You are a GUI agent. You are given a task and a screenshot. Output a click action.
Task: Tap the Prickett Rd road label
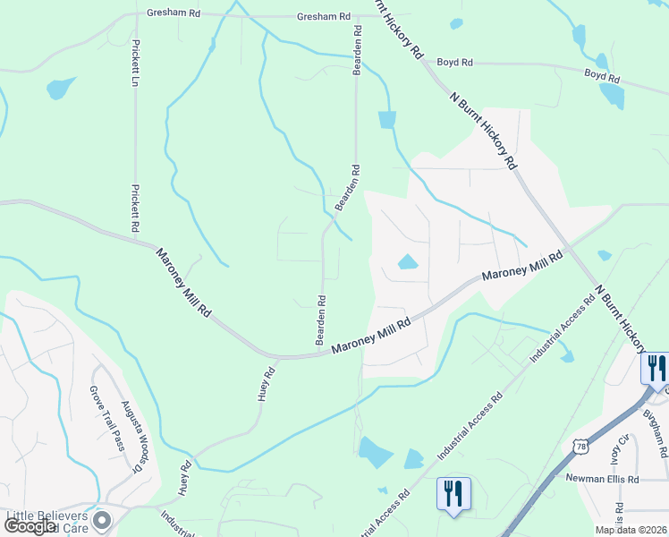136,209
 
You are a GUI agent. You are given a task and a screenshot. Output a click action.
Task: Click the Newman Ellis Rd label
603,479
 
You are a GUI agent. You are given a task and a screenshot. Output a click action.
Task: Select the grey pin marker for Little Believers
104,519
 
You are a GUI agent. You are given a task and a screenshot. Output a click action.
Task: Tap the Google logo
29,526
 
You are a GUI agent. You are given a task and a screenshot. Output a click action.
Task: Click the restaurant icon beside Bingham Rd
655,367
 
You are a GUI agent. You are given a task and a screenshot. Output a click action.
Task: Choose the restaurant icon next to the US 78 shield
453,492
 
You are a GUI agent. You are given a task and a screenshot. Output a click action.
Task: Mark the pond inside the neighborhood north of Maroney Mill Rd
407,262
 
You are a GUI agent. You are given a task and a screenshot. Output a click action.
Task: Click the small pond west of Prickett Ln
60,88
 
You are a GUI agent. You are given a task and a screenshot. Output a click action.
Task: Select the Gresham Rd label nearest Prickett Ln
175,15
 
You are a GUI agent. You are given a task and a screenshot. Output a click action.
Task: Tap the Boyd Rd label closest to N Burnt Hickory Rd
454,63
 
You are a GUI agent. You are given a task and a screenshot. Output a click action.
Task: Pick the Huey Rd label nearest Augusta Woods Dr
187,477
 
